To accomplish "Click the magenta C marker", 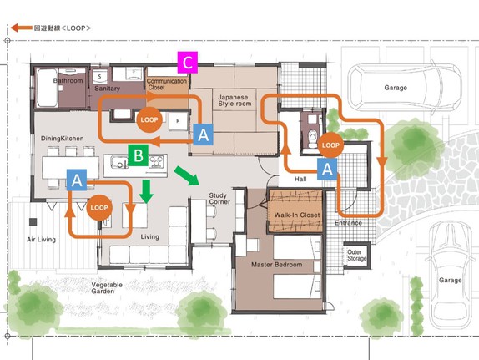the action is (188, 63).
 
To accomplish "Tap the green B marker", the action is (138, 155).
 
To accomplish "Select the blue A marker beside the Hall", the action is (327, 169).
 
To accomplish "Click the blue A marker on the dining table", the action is (77, 180).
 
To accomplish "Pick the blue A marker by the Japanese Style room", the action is (203, 134).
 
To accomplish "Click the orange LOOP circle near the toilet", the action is (330, 145).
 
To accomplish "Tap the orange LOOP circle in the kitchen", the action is (149, 119).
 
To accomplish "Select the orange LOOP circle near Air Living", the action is (99, 208).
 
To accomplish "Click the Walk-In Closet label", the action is (297, 215).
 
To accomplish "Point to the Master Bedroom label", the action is (277, 265).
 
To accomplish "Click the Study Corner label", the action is (219, 199).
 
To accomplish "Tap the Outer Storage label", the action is (356, 256).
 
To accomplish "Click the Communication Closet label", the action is (167, 84).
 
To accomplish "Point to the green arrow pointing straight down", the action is (146, 191).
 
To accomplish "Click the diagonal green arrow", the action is (186, 176).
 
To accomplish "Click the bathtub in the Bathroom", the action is (47, 88).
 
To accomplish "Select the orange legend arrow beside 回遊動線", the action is (22, 28).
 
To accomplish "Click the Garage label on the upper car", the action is (396, 88).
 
